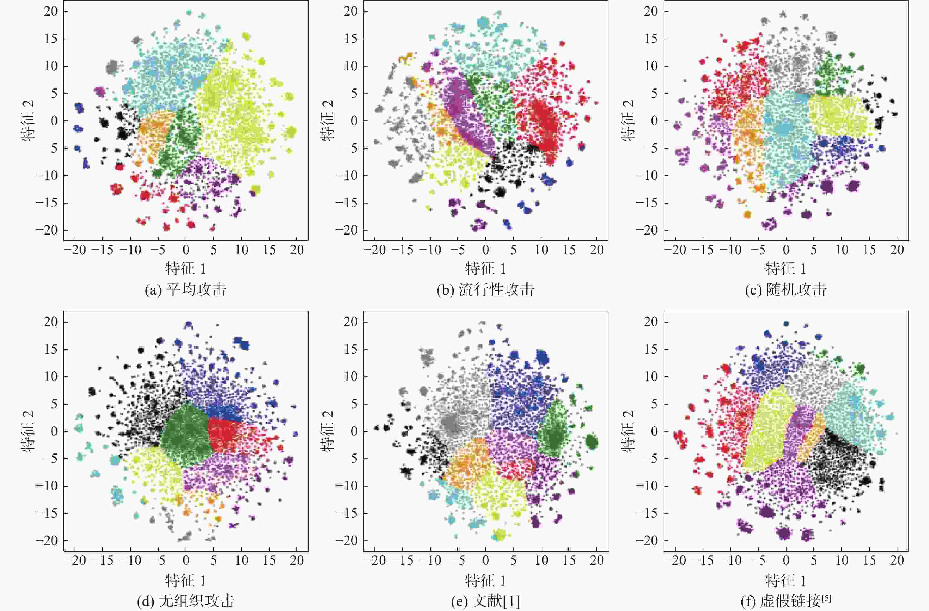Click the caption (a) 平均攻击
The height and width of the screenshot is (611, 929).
186,290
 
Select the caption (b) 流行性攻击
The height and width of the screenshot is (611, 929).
485,290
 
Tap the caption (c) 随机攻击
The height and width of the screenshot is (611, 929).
785,290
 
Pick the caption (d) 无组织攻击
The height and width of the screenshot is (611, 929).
186,600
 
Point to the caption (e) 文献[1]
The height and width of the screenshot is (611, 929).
485,600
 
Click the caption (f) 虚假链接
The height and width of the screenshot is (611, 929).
785,600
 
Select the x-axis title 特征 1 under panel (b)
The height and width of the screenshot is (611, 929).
485,269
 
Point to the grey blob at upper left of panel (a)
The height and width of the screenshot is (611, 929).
112,67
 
